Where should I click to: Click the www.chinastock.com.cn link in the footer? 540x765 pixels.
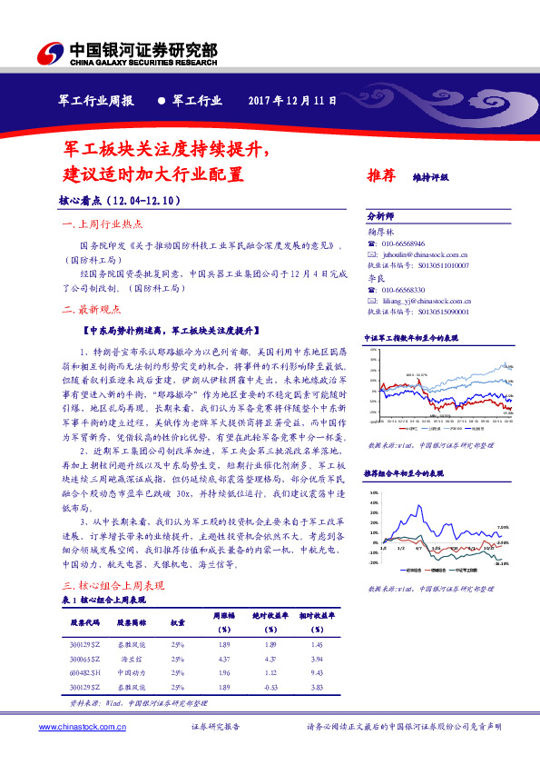[82, 728]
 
